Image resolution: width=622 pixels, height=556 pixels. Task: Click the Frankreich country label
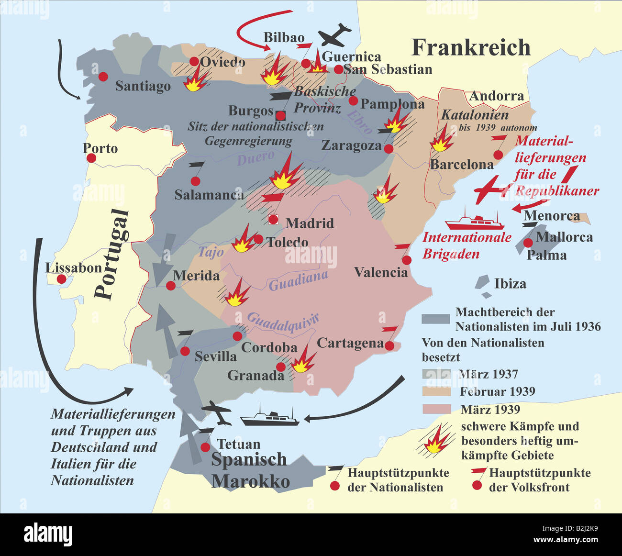click(x=471, y=48)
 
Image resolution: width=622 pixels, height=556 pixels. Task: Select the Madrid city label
click(x=310, y=223)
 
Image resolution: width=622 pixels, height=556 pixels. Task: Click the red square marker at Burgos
click(x=281, y=115)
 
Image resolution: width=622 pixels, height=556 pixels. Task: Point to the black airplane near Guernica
click(x=335, y=34)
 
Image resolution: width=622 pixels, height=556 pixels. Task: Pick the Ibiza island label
click(x=510, y=284)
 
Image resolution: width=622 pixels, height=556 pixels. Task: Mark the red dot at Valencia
click(x=407, y=260)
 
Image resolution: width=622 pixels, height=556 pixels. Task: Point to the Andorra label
click(x=496, y=96)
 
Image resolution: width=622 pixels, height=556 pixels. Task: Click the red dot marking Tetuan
click(x=206, y=447)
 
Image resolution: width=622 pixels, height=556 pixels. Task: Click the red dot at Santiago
click(x=103, y=77)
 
